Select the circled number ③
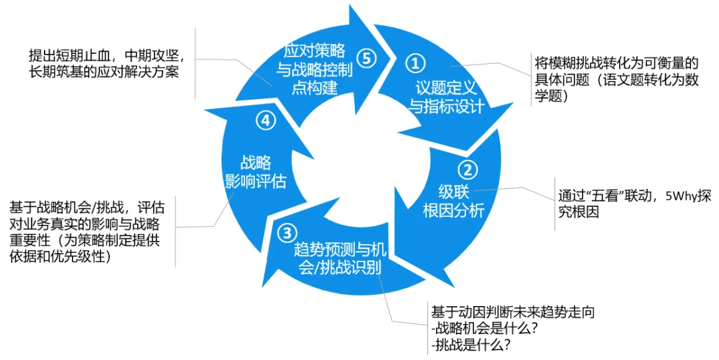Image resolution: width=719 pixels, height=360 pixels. point(286,233)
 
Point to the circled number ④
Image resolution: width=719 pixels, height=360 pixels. point(264,120)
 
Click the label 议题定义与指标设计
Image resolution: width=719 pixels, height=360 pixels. point(445,96)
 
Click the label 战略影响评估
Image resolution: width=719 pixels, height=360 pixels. point(256,171)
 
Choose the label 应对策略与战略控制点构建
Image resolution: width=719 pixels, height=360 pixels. point(317,69)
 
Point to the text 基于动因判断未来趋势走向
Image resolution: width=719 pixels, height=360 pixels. point(512,311)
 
